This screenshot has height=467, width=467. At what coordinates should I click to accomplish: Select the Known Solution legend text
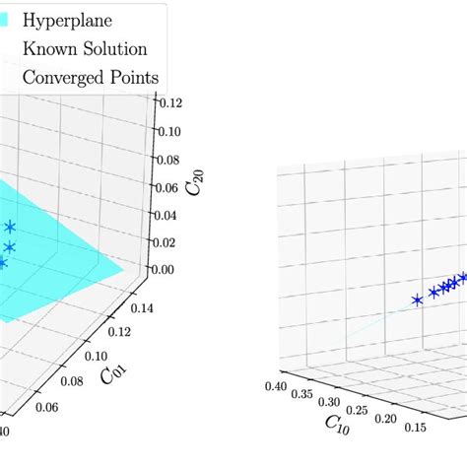(85, 48)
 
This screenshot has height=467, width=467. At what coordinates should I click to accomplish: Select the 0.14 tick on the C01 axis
(144, 306)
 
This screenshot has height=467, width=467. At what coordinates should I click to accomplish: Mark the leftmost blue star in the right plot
(418, 300)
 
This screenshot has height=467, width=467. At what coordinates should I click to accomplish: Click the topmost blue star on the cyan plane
(10, 228)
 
